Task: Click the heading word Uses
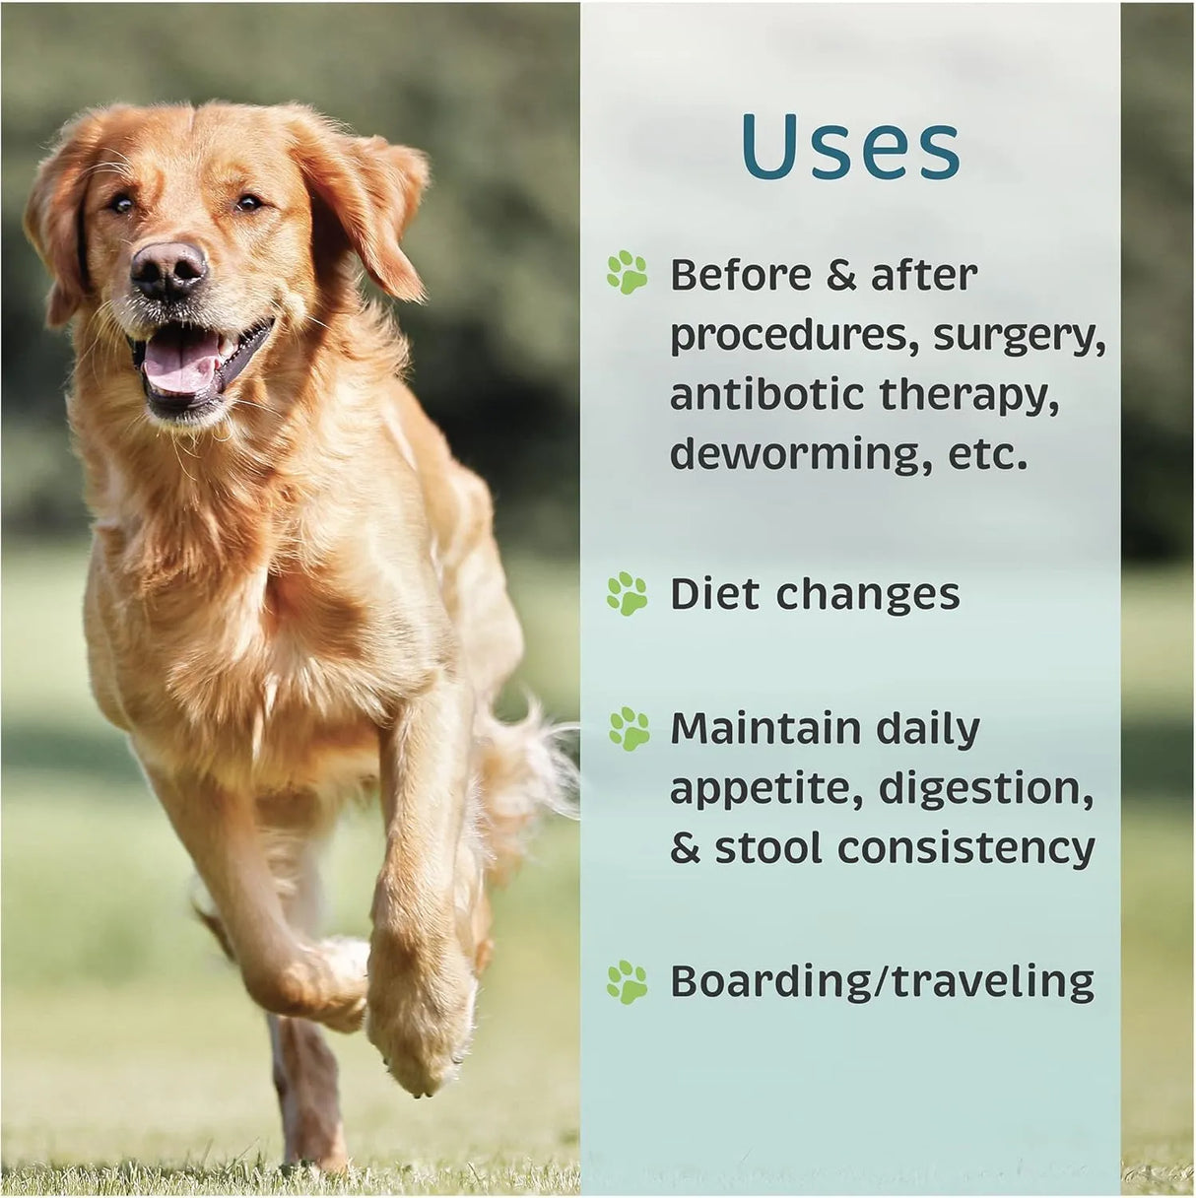coord(850,148)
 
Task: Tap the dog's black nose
coord(168,268)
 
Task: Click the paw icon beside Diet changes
coord(628,594)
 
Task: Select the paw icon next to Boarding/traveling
coord(628,981)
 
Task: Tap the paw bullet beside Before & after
coord(628,273)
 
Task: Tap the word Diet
coord(714,594)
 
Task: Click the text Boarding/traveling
coord(882,981)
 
